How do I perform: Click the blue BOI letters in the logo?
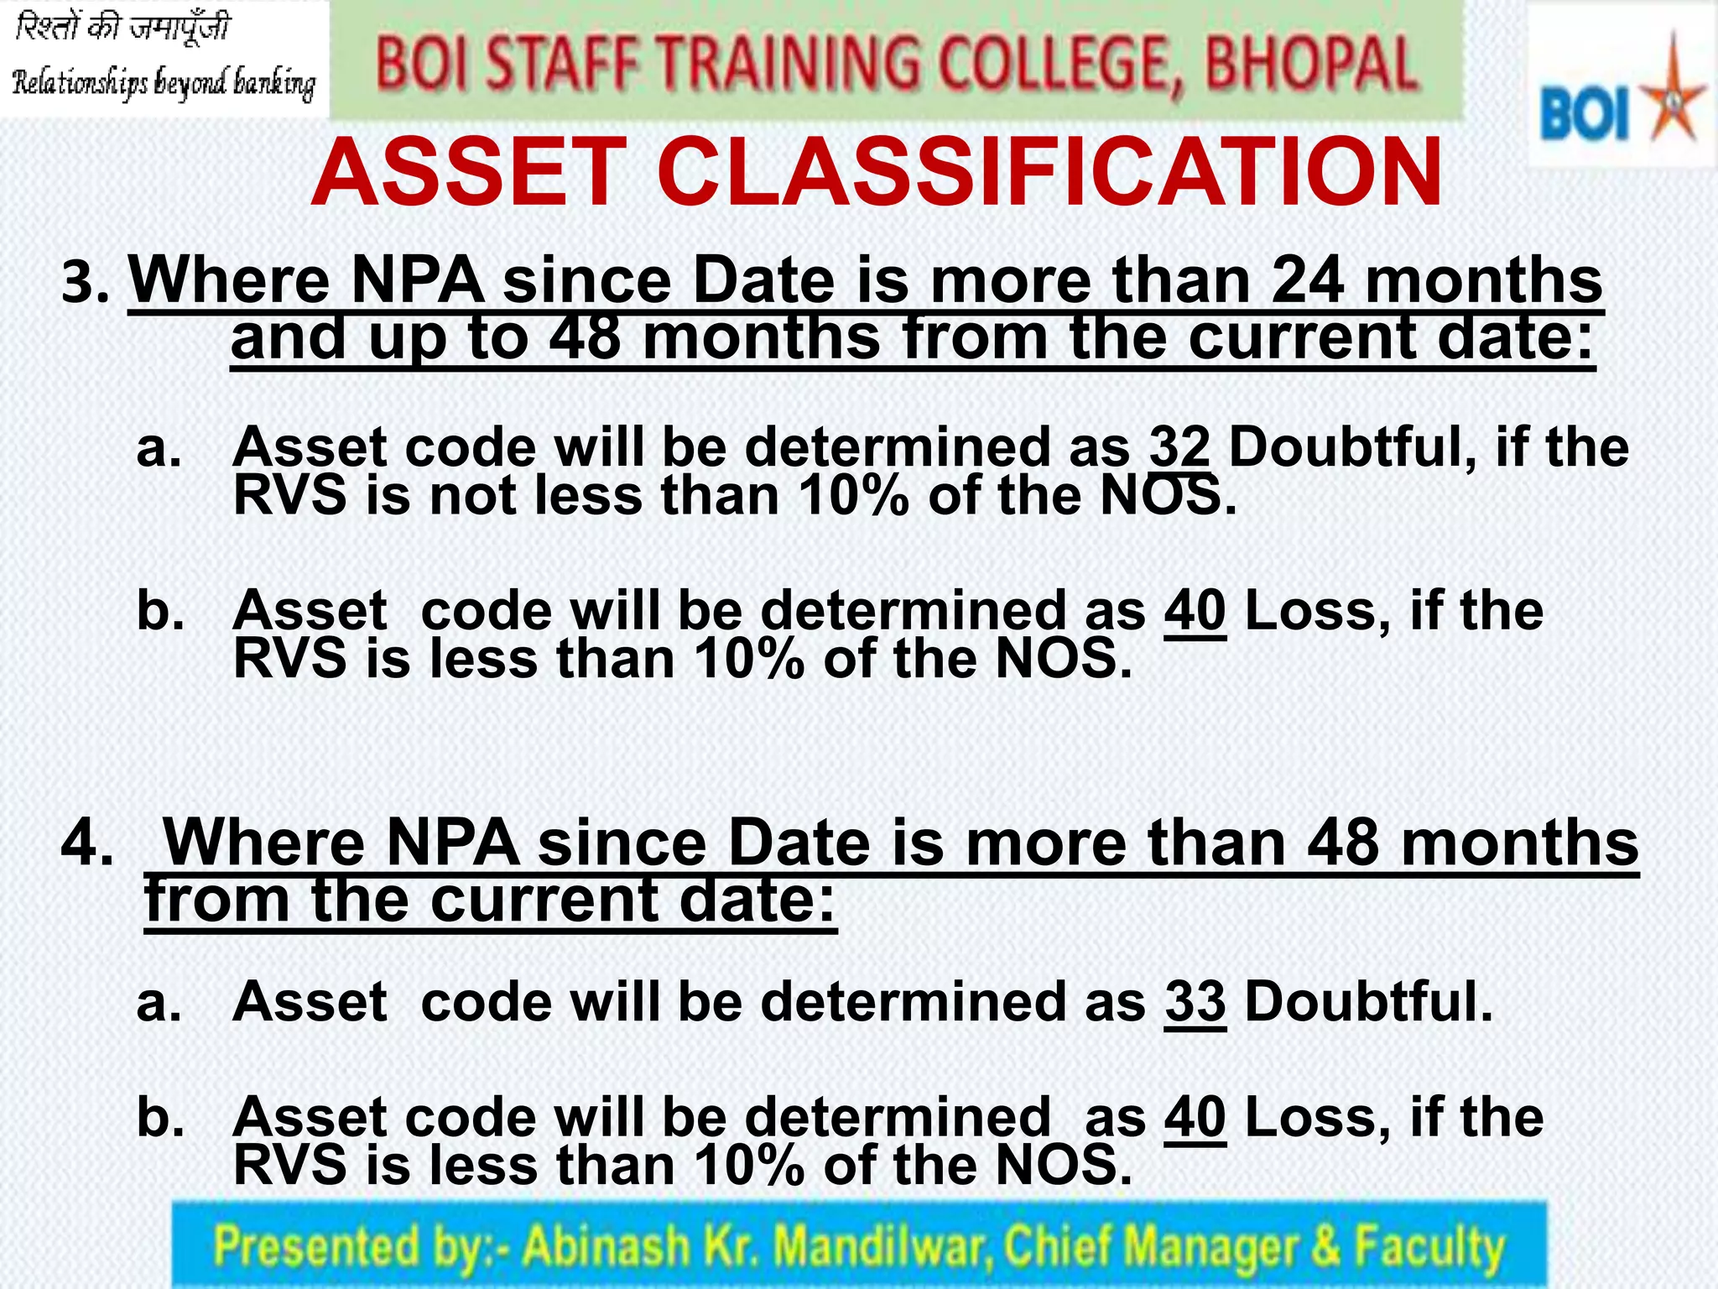1584,115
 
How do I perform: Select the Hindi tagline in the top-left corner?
122,29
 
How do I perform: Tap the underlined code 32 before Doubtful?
1179,446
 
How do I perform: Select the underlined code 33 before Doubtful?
1195,1002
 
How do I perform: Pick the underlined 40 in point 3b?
1195,610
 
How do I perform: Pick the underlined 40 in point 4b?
1195,1118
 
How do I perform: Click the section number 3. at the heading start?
86,283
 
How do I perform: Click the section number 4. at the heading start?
86,843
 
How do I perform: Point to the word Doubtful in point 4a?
1368,1002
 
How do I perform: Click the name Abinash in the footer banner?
605,1245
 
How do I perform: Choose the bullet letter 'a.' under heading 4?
159,1002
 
